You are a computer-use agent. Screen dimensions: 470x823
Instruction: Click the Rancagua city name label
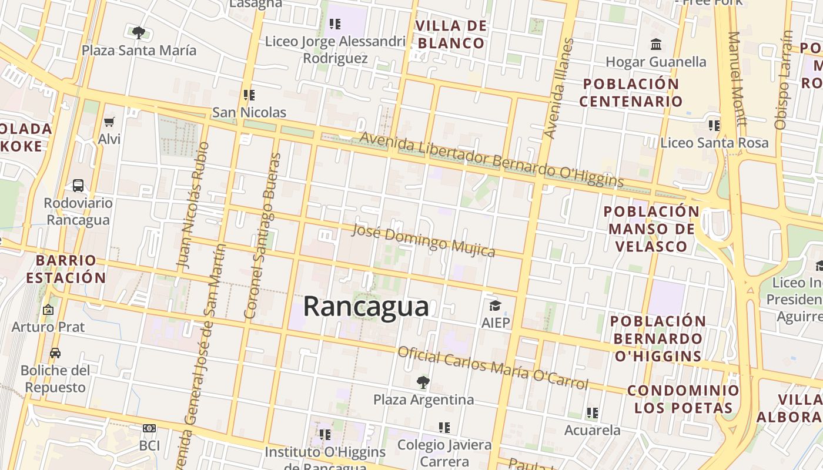point(366,307)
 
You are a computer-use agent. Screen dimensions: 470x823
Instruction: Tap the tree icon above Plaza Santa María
point(139,33)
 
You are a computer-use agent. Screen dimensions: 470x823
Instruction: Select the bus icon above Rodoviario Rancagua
point(78,186)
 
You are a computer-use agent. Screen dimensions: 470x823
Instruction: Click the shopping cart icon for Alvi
point(109,122)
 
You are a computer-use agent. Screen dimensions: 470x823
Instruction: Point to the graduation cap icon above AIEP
point(495,305)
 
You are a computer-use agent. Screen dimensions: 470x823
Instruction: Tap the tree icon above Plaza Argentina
point(423,382)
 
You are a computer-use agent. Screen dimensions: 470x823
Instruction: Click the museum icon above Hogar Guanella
point(655,45)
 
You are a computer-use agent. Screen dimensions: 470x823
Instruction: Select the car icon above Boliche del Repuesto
point(55,353)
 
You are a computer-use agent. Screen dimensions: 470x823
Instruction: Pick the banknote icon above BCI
point(149,428)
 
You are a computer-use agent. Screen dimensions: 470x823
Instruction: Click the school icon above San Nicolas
point(249,95)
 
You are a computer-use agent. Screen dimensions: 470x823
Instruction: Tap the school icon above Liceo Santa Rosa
point(714,125)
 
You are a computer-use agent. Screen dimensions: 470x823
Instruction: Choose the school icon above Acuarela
point(592,413)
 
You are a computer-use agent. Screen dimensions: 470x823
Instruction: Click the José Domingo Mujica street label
point(423,240)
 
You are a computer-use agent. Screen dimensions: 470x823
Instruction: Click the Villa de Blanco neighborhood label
point(451,34)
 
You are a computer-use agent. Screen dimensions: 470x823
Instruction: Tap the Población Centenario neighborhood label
point(631,92)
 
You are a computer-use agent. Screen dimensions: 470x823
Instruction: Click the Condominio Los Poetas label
point(683,399)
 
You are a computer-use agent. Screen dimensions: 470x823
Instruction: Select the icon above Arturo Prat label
point(48,309)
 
